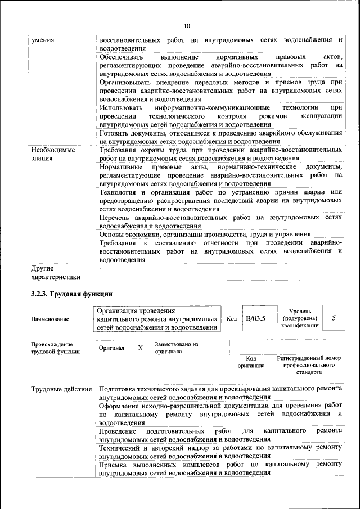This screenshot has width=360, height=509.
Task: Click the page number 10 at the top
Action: click(x=187, y=26)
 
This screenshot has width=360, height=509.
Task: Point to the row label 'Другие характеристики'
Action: click(x=55, y=272)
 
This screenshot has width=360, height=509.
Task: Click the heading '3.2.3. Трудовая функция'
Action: click(x=71, y=294)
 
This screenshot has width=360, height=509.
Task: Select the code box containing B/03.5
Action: click(x=255, y=318)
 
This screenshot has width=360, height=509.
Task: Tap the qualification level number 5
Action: click(x=334, y=318)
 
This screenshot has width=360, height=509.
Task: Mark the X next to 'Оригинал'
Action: click(x=140, y=348)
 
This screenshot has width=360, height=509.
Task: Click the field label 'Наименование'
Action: click(x=51, y=319)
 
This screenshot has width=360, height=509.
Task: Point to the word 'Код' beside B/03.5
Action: click(x=231, y=318)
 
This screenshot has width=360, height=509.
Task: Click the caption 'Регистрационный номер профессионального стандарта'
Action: click(x=309, y=364)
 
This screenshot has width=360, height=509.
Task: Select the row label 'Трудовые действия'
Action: click(x=61, y=389)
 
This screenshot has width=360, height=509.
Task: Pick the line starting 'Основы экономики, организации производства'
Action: click(x=205, y=234)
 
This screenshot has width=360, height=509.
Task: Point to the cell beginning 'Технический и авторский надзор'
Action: click(x=220, y=452)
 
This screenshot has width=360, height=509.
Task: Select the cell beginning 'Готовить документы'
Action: click(x=220, y=137)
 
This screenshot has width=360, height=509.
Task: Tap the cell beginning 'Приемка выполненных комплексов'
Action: click(x=220, y=469)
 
